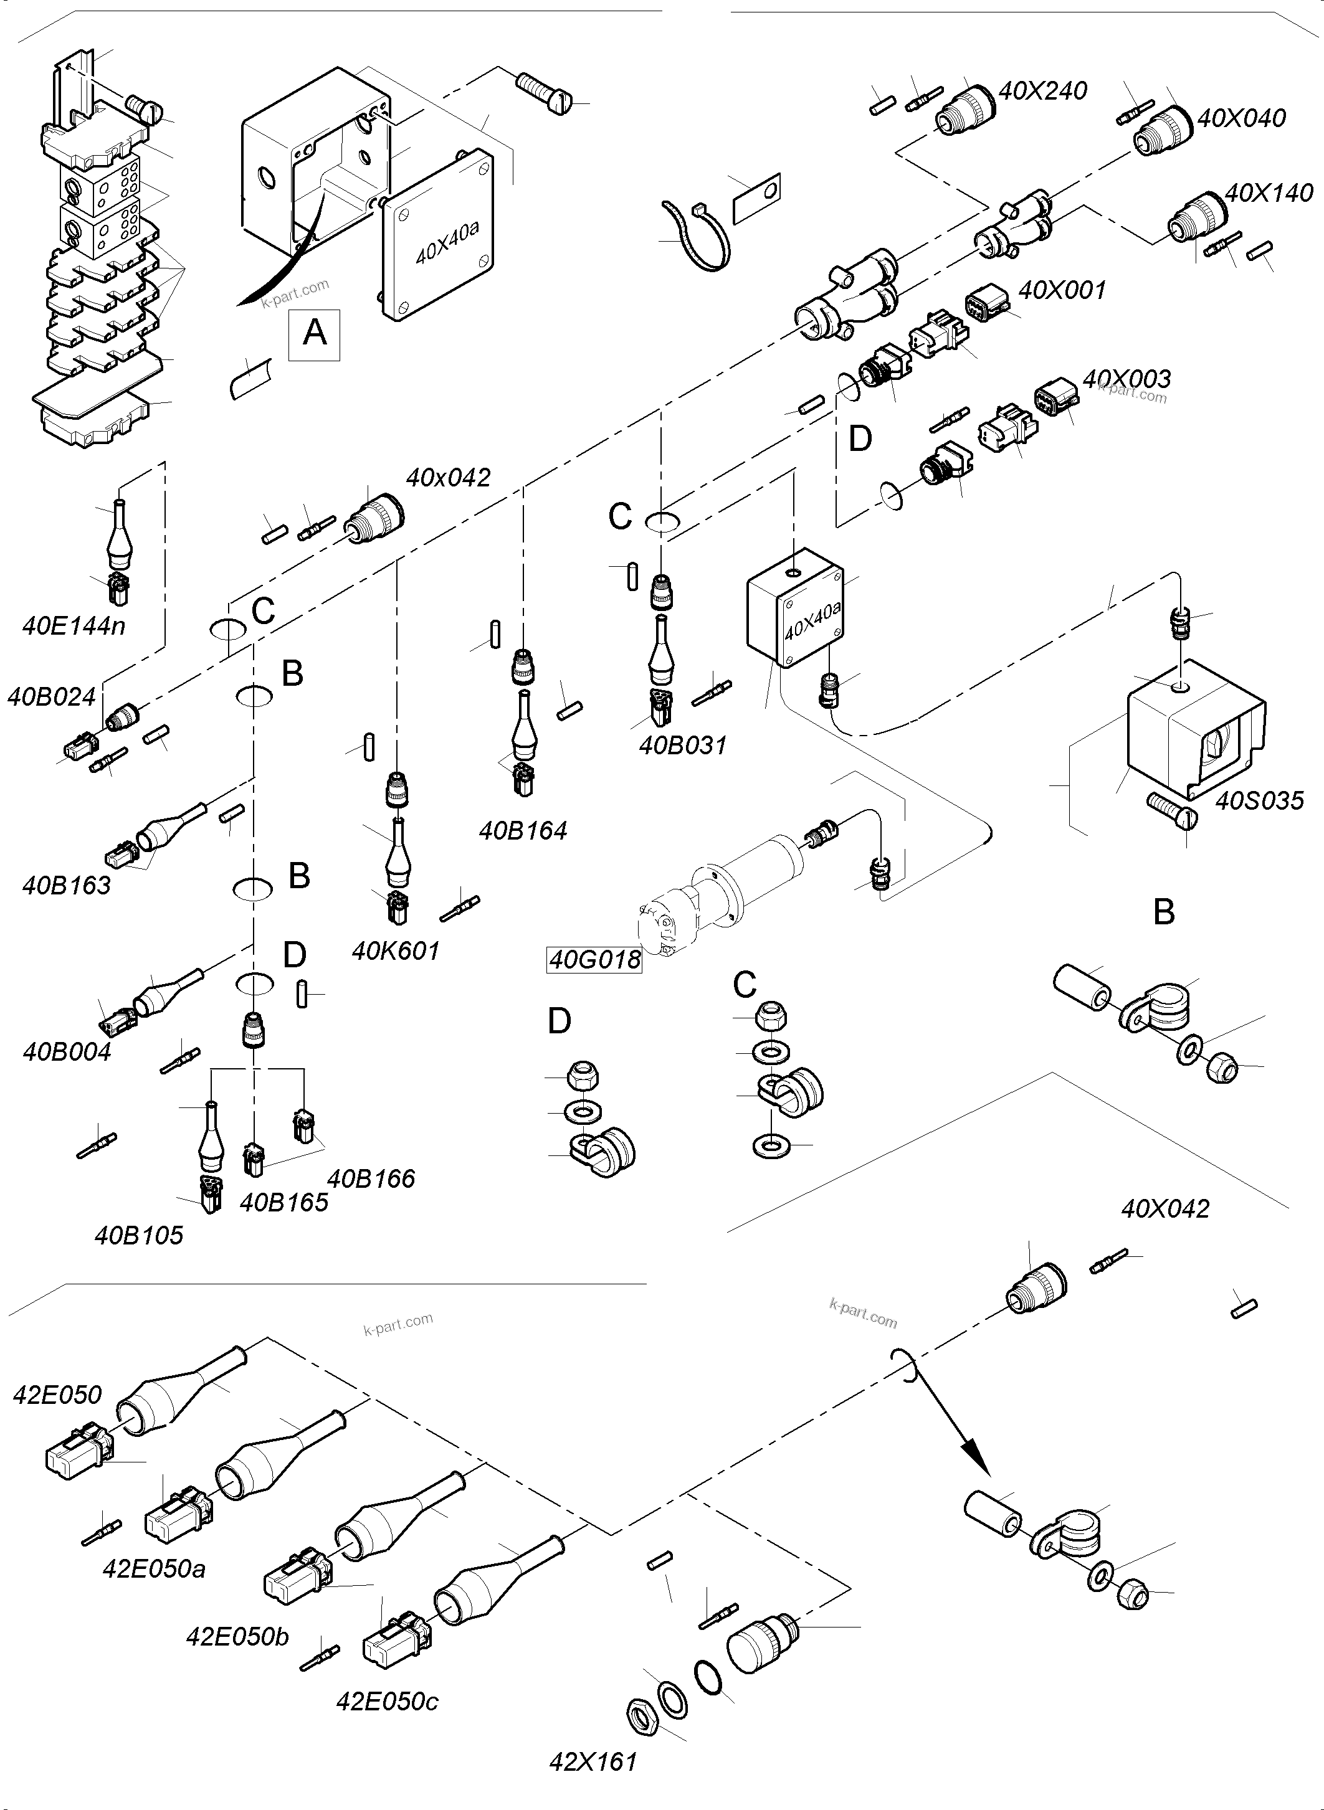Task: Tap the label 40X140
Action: (1269, 192)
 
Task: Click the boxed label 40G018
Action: (594, 959)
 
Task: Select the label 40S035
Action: (1260, 800)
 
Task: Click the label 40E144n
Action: (74, 626)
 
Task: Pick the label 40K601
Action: (396, 951)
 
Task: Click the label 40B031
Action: (683, 745)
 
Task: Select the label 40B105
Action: (139, 1234)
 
